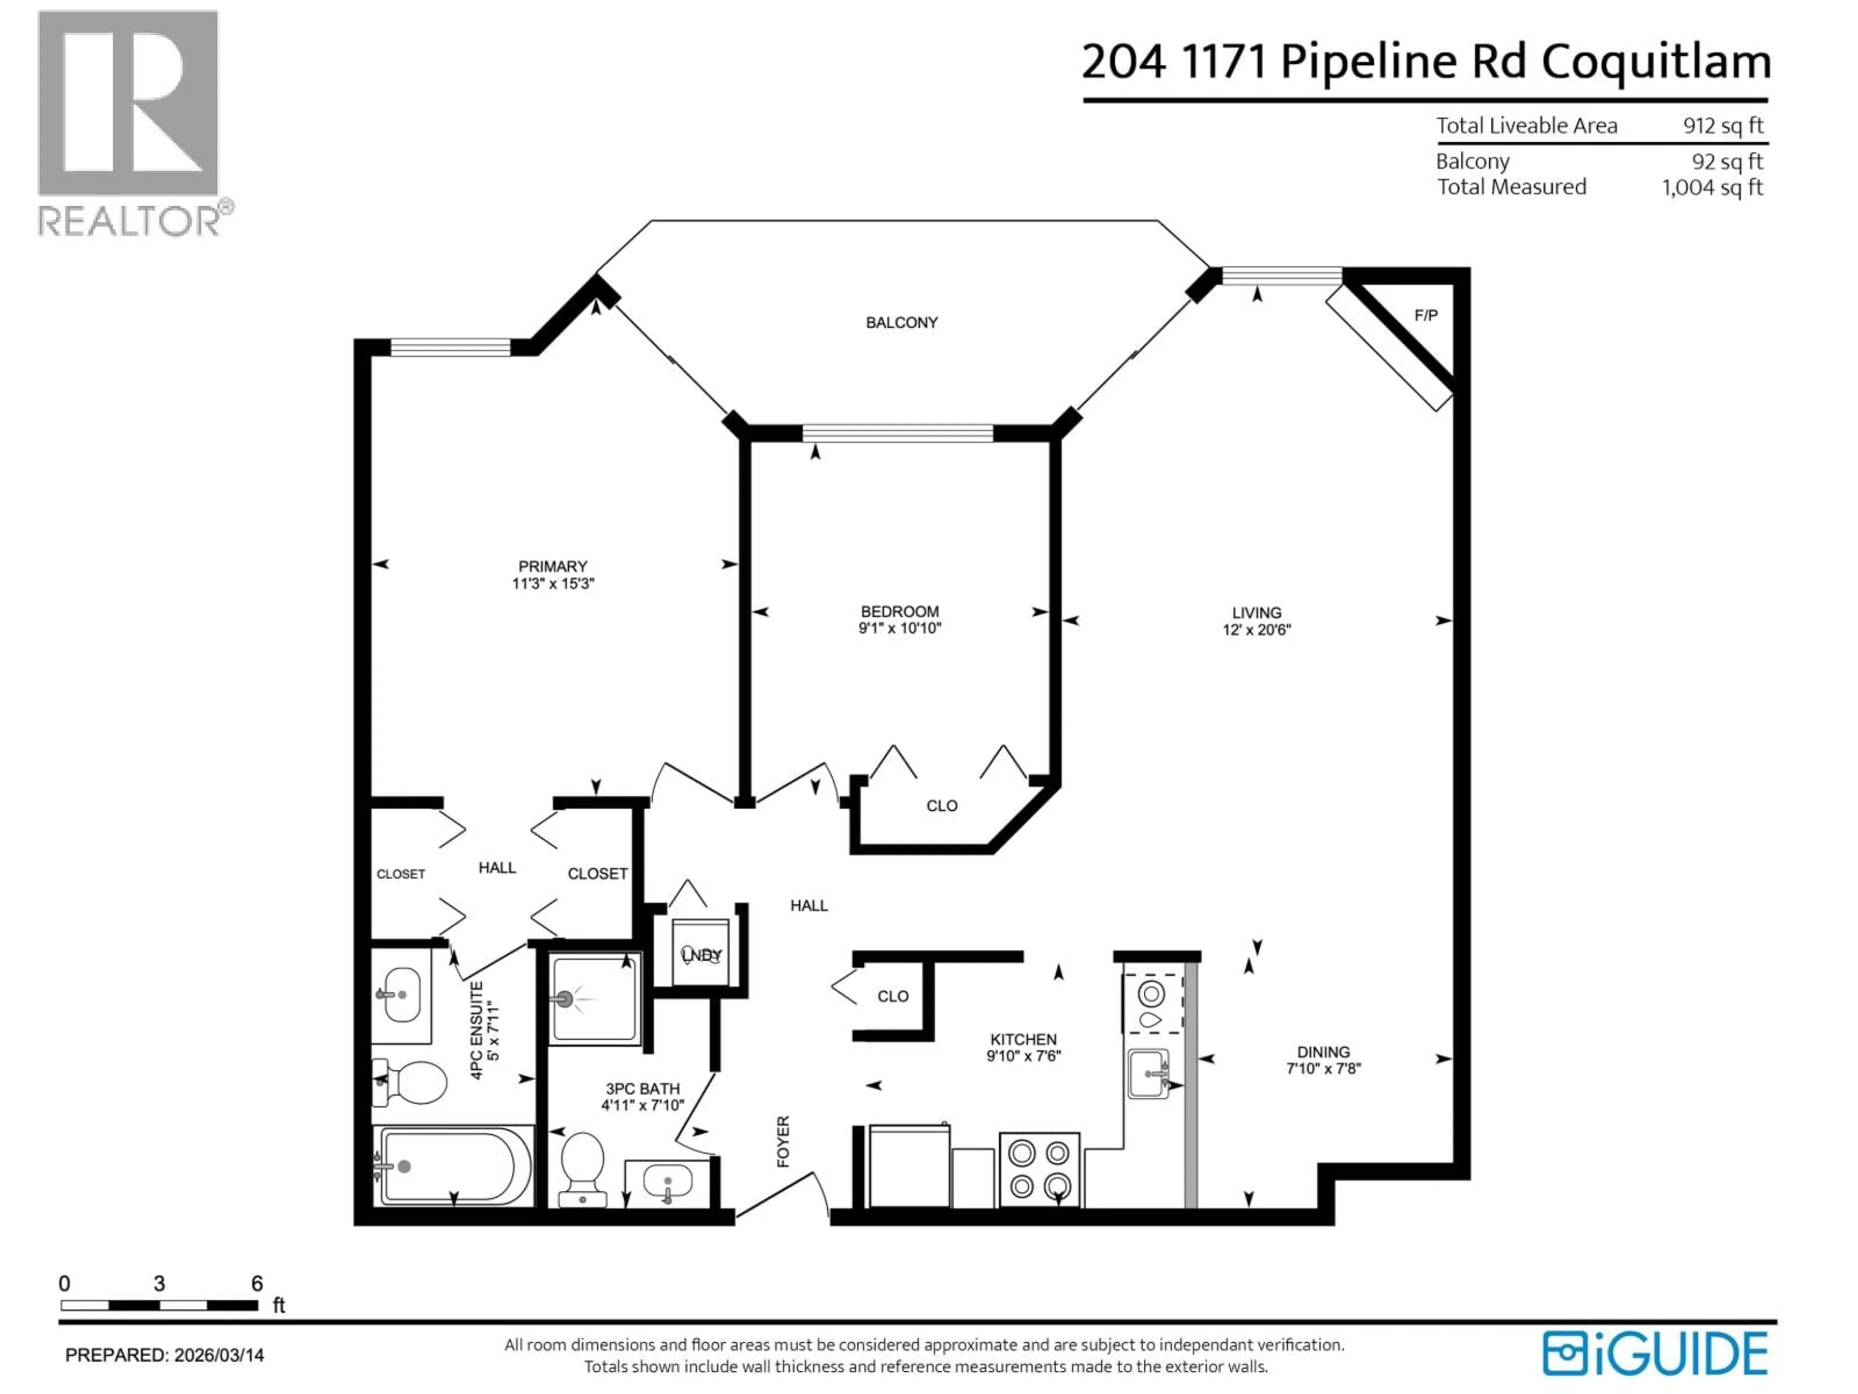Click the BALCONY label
(x=901, y=323)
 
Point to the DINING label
(x=1323, y=1052)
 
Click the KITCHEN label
(x=1022, y=1039)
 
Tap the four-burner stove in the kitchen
(x=1039, y=1169)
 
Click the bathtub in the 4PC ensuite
(x=453, y=1167)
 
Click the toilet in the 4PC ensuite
(x=412, y=1082)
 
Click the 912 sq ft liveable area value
(x=1722, y=126)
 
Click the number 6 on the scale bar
(x=257, y=1283)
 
